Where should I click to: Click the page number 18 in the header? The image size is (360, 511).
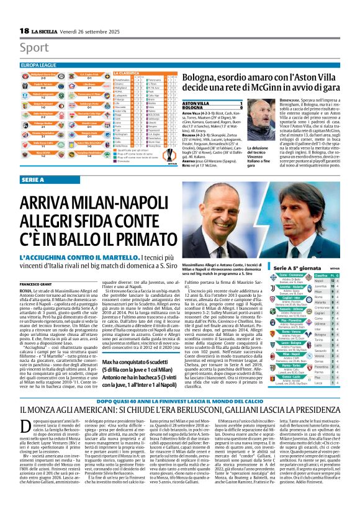click(x=23, y=31)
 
